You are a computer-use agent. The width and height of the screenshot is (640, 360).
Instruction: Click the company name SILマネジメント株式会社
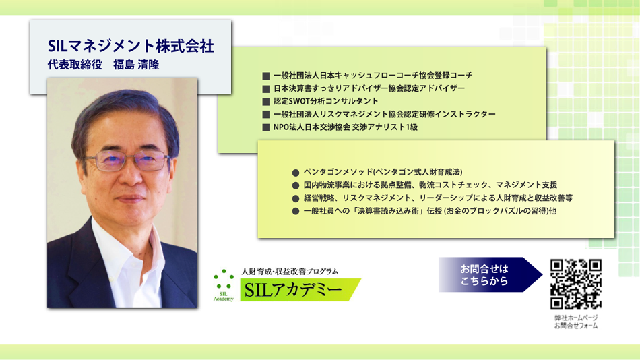tap(131, 46)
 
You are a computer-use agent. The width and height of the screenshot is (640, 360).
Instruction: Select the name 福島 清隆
tap(136, 65)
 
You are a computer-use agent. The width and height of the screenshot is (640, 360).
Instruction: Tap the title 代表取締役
tap(75, 65)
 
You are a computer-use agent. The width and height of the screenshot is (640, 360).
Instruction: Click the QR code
tap(575, 284)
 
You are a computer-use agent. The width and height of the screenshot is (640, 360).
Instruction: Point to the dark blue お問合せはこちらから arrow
tap(490, 274)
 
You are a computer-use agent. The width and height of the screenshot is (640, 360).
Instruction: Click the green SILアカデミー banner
tap(300, 290)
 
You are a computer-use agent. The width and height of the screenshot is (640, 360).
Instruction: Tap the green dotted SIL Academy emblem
tap(224, 284)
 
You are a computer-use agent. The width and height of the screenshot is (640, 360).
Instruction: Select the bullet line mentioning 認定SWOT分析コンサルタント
tap(325, 101)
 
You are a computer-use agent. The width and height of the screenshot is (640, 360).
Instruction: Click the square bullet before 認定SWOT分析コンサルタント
tap(266, 102)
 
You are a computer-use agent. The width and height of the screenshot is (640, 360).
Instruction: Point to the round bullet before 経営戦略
tap(296, 199)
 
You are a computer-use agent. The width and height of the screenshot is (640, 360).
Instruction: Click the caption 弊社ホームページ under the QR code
tap(576, 318)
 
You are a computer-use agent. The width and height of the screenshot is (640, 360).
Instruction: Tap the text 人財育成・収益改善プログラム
tap(290, 271)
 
